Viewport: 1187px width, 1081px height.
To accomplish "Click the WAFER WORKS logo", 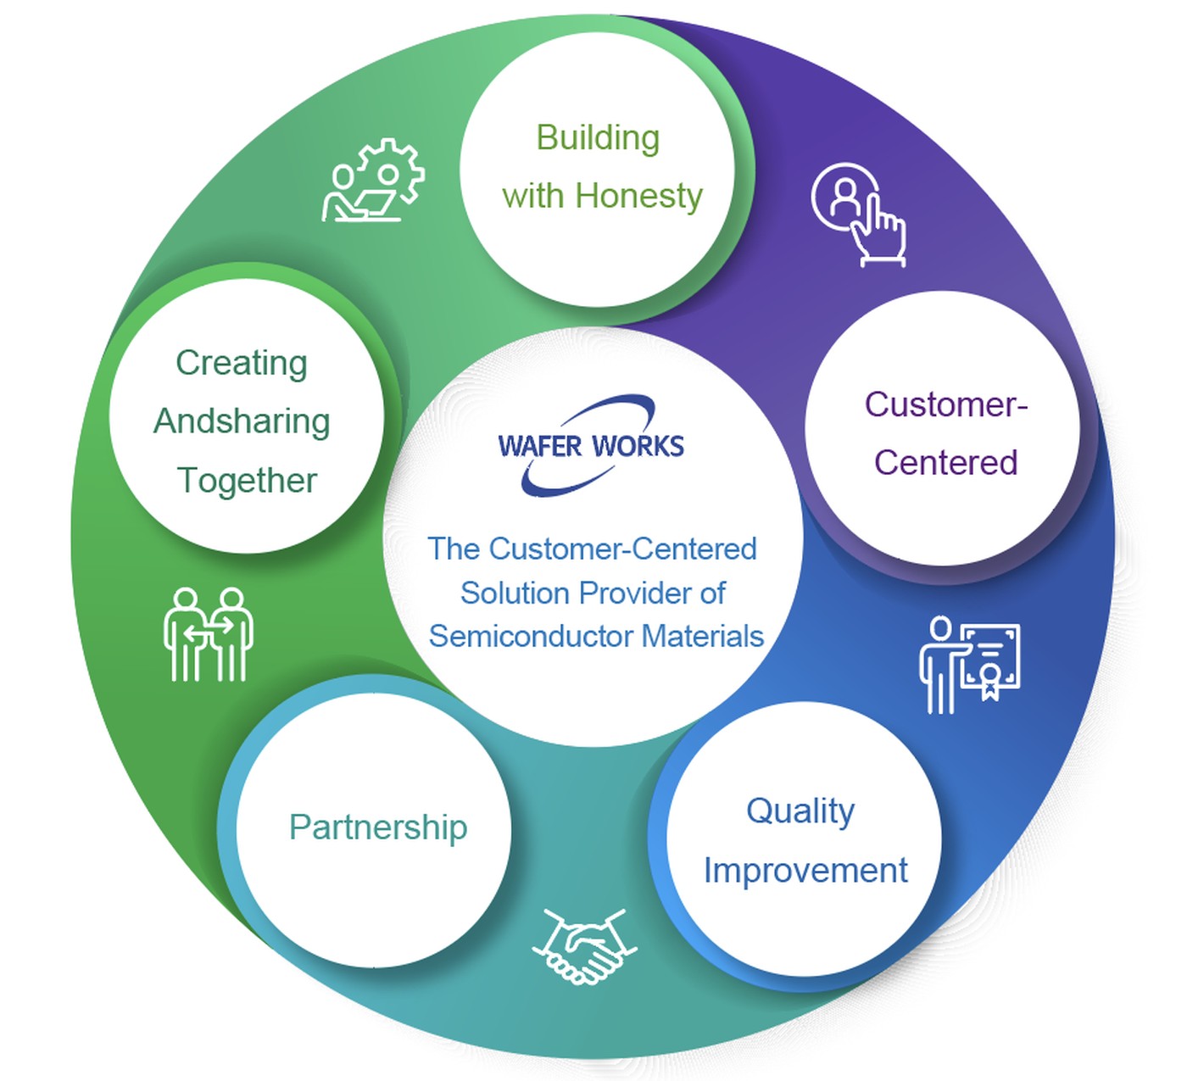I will click(591, 445).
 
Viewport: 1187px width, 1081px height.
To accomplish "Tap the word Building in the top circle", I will click(598, 138).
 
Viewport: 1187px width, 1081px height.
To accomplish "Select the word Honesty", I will click(638, 196).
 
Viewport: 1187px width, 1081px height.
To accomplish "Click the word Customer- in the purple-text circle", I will click(945, 404).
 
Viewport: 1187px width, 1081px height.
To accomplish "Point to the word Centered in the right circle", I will click(945, 463).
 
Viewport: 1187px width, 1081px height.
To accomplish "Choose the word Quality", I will click(800, 811).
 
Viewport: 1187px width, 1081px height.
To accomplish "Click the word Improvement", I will click(805, 871).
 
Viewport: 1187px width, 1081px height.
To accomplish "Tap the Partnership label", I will click(378, 827).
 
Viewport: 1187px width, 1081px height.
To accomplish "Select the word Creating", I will click(242, 363).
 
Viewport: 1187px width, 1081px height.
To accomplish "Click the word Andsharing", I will click(242, 421).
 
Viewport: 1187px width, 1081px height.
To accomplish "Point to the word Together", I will click(247, 481).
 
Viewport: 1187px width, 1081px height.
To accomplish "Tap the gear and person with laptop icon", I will click(373, 181).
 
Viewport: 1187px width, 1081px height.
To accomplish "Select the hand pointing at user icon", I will click(859, 214).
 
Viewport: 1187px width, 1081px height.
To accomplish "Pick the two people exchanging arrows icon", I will click(208, 634).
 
